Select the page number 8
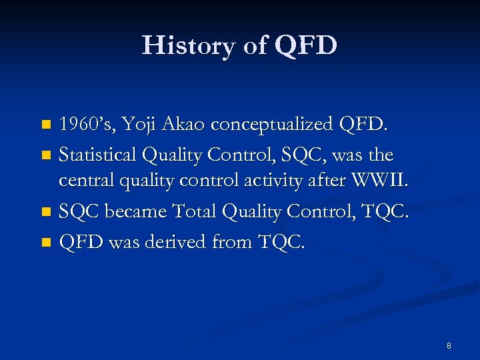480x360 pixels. [449, 345]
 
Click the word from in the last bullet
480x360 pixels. [233, 241]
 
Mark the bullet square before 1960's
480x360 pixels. [46, 125]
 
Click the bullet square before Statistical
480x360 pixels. [46, 155]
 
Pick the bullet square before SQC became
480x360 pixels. [46, 213]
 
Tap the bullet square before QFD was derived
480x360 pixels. [46, 242]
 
